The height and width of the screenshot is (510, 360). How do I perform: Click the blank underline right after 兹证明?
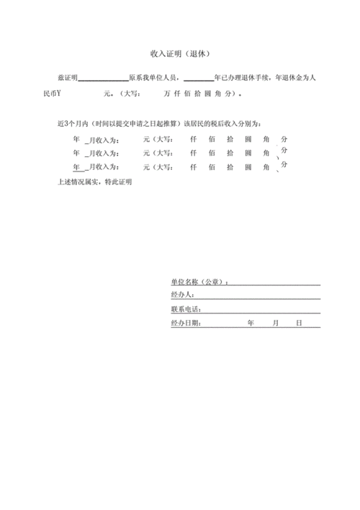click(x=102, y=78)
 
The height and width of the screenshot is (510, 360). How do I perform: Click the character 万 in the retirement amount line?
click(x=167, y=93)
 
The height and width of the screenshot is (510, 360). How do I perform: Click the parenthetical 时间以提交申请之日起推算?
click(x=137, y=123)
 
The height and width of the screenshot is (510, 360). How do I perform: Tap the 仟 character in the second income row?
click(x=193, y=153)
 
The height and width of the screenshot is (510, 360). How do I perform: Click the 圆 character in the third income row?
click(x=248, y=167)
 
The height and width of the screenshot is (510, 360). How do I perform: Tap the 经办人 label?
click(x=181, y=295)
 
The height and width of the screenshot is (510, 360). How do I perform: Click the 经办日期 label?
click(x=186, y=323)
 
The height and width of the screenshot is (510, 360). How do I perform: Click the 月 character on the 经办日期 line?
click(x=274, y=323)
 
